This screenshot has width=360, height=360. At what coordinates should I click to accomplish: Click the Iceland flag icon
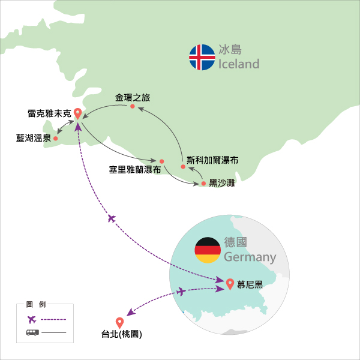tap(202, 57)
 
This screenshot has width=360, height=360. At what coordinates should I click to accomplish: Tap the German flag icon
tap(208, 250)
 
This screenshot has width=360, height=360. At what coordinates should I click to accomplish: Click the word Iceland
tap(239, 64)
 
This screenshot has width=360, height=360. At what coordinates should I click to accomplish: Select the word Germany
tap(250, 257)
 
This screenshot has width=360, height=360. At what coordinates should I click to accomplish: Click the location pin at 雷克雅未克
tap(78, 113)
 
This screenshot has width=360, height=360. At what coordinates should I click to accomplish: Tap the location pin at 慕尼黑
tap(230, 284)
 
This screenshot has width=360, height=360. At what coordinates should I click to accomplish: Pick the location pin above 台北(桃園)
tap(119, 323)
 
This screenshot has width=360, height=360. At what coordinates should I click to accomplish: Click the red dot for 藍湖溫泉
tap(56, 139)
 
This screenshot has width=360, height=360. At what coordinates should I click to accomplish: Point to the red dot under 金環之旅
tap(133, 106)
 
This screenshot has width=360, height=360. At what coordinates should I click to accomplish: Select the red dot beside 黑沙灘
tap(203, 184)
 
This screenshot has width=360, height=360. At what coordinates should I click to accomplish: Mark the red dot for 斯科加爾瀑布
tap(183, 167)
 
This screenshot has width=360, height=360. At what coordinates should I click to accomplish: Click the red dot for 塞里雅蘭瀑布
tap(161, 161)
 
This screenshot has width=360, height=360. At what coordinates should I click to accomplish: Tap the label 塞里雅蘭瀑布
tap(135, 170)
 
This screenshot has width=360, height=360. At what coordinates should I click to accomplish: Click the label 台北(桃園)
tap(122, 334)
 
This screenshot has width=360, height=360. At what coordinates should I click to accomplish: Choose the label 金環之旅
tap(133, 98)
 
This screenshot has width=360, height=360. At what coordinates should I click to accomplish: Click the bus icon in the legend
tap(32, 332)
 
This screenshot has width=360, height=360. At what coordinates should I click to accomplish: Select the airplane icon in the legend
tap(32, 319)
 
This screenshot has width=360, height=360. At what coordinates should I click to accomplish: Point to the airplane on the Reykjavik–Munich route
tap(112, 218)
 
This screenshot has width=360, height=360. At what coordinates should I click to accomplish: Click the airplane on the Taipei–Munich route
tap(181, 292)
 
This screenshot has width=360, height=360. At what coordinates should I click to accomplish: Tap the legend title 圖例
tap(36, 304)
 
